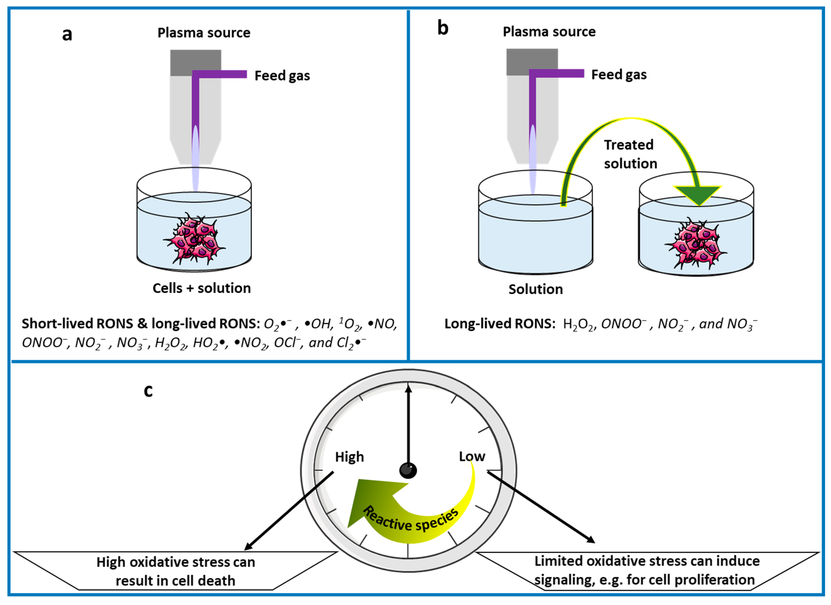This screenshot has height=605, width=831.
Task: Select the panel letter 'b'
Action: [x=443, y=29]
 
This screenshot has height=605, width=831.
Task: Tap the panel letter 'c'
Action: [x=148, y=391]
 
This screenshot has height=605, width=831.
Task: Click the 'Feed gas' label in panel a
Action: [x=282, y=76]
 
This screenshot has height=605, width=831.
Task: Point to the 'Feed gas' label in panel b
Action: [x=619, y=75]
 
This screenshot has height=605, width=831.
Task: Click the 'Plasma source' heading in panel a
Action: [x=204, y=33]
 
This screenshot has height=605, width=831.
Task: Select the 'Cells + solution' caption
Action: [x=202, y=288]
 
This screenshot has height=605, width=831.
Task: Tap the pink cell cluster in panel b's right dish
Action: [x=695, y=244]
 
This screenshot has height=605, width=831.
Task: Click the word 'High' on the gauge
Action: [x=349, y=457]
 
